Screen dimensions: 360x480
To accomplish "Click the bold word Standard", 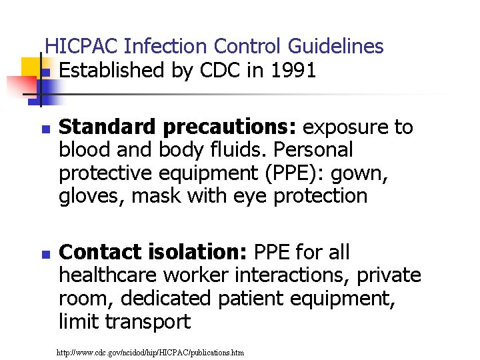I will coord(101,127).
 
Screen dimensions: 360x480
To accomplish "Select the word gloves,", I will coord(83,197).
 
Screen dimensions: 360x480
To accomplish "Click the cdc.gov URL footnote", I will coord(151,351).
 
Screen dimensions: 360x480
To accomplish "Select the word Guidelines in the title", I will coord(336,46).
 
